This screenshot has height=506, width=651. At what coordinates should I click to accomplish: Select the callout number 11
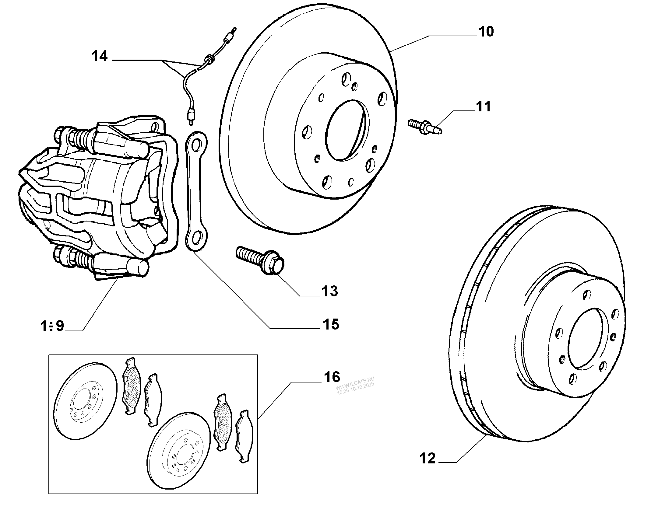click(484, 107)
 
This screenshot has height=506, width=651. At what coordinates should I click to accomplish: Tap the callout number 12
click(428, 467)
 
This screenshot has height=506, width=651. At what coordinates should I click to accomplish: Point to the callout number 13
click(330, 291)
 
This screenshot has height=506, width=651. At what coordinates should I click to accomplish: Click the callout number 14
click(100, 56)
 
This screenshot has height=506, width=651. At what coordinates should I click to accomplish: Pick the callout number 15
click(331, 324)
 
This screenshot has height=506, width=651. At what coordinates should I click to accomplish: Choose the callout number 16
click(332, 377)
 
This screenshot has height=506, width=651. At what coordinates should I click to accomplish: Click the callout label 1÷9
click(52, 326)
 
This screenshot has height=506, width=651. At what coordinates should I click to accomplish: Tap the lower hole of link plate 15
click(196, 236)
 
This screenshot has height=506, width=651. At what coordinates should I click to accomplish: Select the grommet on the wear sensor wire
click(209, 58)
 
